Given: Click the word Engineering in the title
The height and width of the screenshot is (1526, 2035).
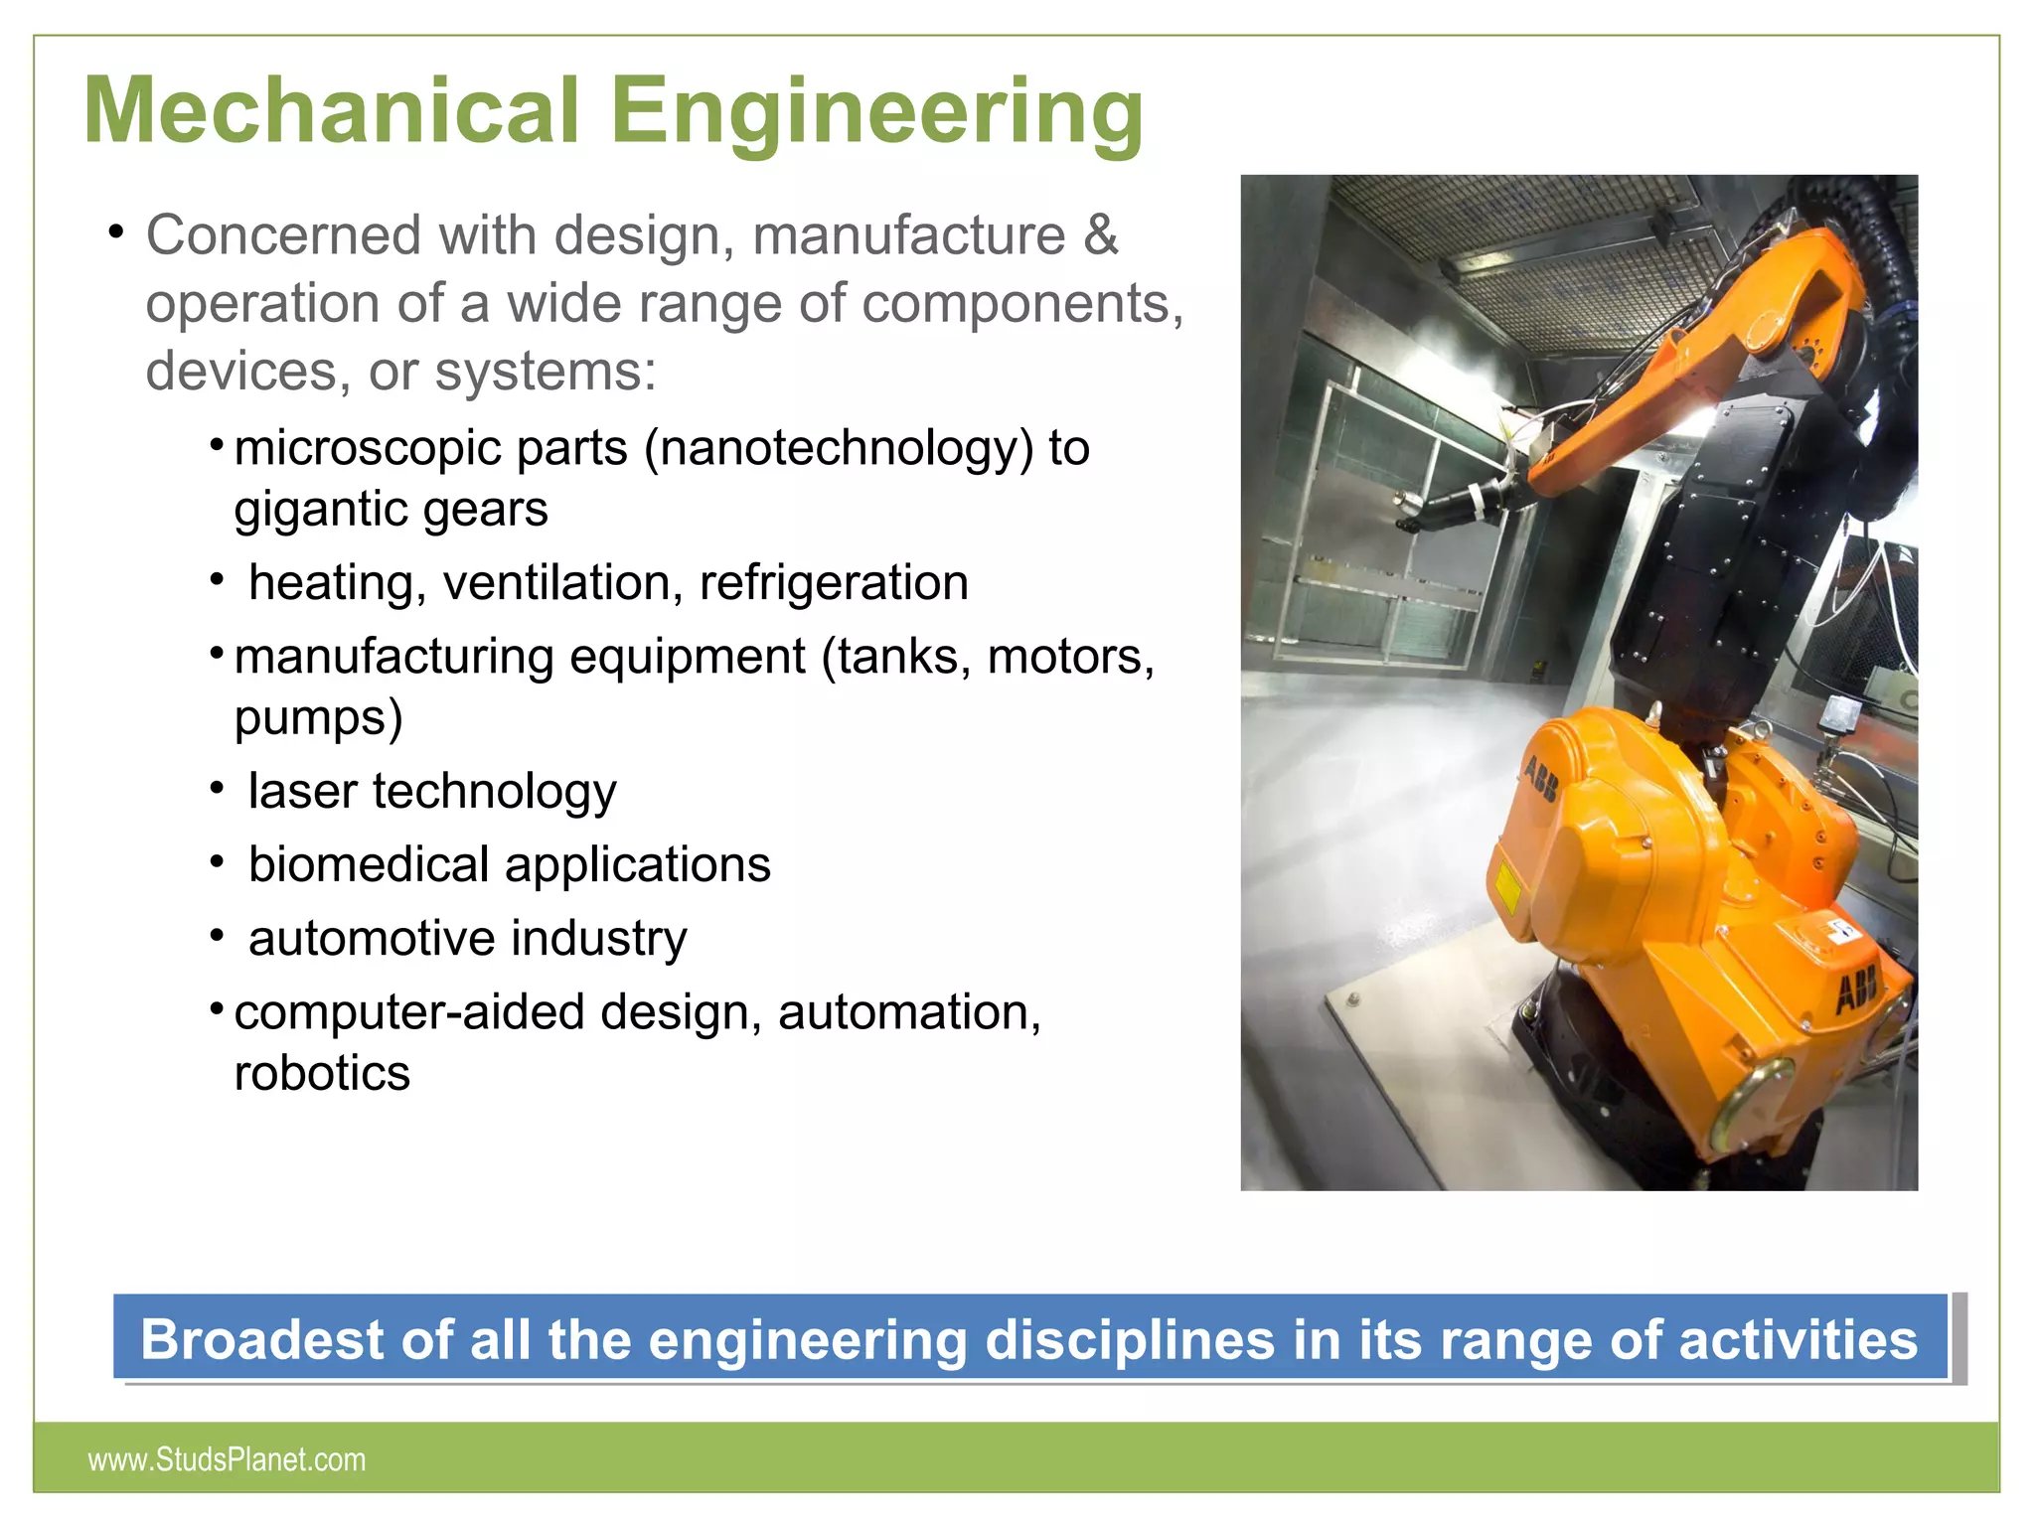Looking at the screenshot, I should (x=877, y=112).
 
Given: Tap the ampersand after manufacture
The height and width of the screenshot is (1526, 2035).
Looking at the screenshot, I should (x=1100, y=235).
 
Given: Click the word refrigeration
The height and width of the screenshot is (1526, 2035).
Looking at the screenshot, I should (x=834, y=582).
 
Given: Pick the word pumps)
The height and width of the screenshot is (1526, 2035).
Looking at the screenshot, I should (x=319, y=717).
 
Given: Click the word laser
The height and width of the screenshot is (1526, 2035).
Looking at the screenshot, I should (x=302, y=791).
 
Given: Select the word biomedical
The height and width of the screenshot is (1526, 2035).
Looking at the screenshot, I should (x=369, y=864).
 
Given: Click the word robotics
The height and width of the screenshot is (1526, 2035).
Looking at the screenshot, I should (x=322, y=1073).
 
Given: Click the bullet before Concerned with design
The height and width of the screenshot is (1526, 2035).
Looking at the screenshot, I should (x=117, y=232).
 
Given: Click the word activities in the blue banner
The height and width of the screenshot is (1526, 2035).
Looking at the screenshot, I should (x=1798, y=1339).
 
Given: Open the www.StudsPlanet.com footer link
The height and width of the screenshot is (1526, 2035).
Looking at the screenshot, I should (x=227, y=1459).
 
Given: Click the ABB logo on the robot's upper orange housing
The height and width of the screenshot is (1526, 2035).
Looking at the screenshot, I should (x=1541, y=781).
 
